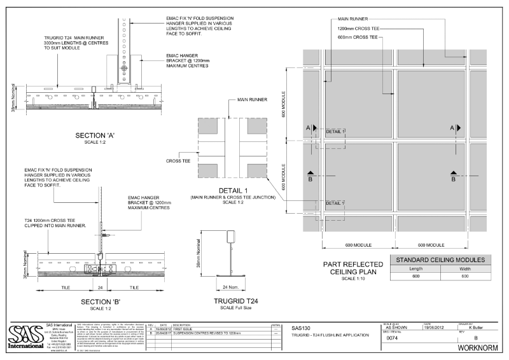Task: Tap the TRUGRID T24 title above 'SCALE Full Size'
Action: (x=237, y=301)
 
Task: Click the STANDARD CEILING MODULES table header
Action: (x=440, y=260)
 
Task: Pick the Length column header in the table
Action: (x=415, y=268)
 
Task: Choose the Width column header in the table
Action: (x=465, y=268)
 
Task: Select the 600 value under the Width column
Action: (x=465, y=276)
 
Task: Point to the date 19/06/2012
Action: (x=436, y=327)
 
